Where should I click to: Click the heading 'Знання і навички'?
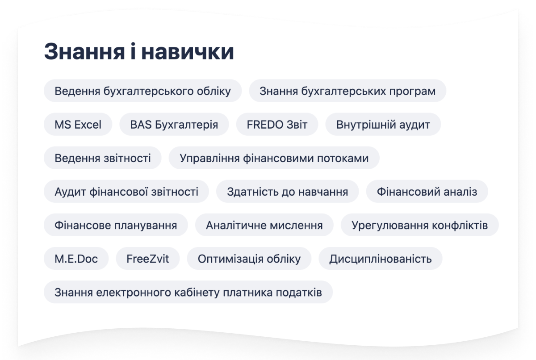pyautogui.click(x=139, y=52)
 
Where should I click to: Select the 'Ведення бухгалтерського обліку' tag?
pyautogui.click(x=142, y=91)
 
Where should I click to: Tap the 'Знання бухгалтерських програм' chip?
pyautogui.click(x=347, y=91)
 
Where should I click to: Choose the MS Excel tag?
pyautogui.click(x=78, y=125)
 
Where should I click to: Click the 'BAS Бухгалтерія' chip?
pyautogui.click(x=174, y=125)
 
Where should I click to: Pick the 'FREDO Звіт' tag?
pyautogui.click(x=277, y=125)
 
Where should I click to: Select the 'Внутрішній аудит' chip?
pyautogui.click(x=383, y=125)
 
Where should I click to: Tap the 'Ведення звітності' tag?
pyautogui.click(x=102, y=158)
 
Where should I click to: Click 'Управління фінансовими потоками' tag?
pyautogui.click(x=274, y=158)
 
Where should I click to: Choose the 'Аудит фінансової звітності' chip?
pyautogui.click(x=126, y=192)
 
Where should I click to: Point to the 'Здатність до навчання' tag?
pyautogui.click(x=287, y=192)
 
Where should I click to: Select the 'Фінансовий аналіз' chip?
pyautogui.click(x=427, y=192)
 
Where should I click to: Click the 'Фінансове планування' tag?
pyautogui.click(x=116, y=225)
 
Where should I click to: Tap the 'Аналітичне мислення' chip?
pyautogui.click(x=264, y=225)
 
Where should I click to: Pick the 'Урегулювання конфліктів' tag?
pyautogui.click(x=419, y=225)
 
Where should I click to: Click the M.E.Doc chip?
pyautogui.click(x=76, y=259)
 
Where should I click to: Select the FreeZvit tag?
pyautogui.click(x=147, y=259)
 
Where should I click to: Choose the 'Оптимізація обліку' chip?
pyautogui.click(x=249, y=259)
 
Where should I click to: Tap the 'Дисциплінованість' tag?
pyautogui.click(x=380, y=259)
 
